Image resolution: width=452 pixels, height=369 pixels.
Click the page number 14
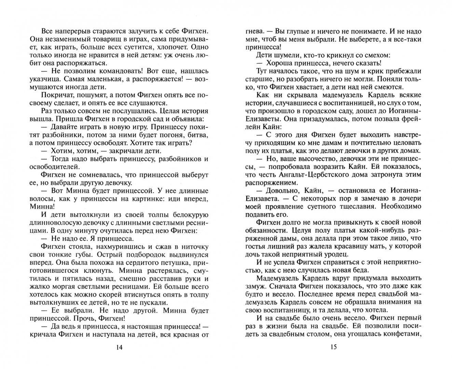point(119,347)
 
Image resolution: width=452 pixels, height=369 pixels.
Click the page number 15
point(333,347)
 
